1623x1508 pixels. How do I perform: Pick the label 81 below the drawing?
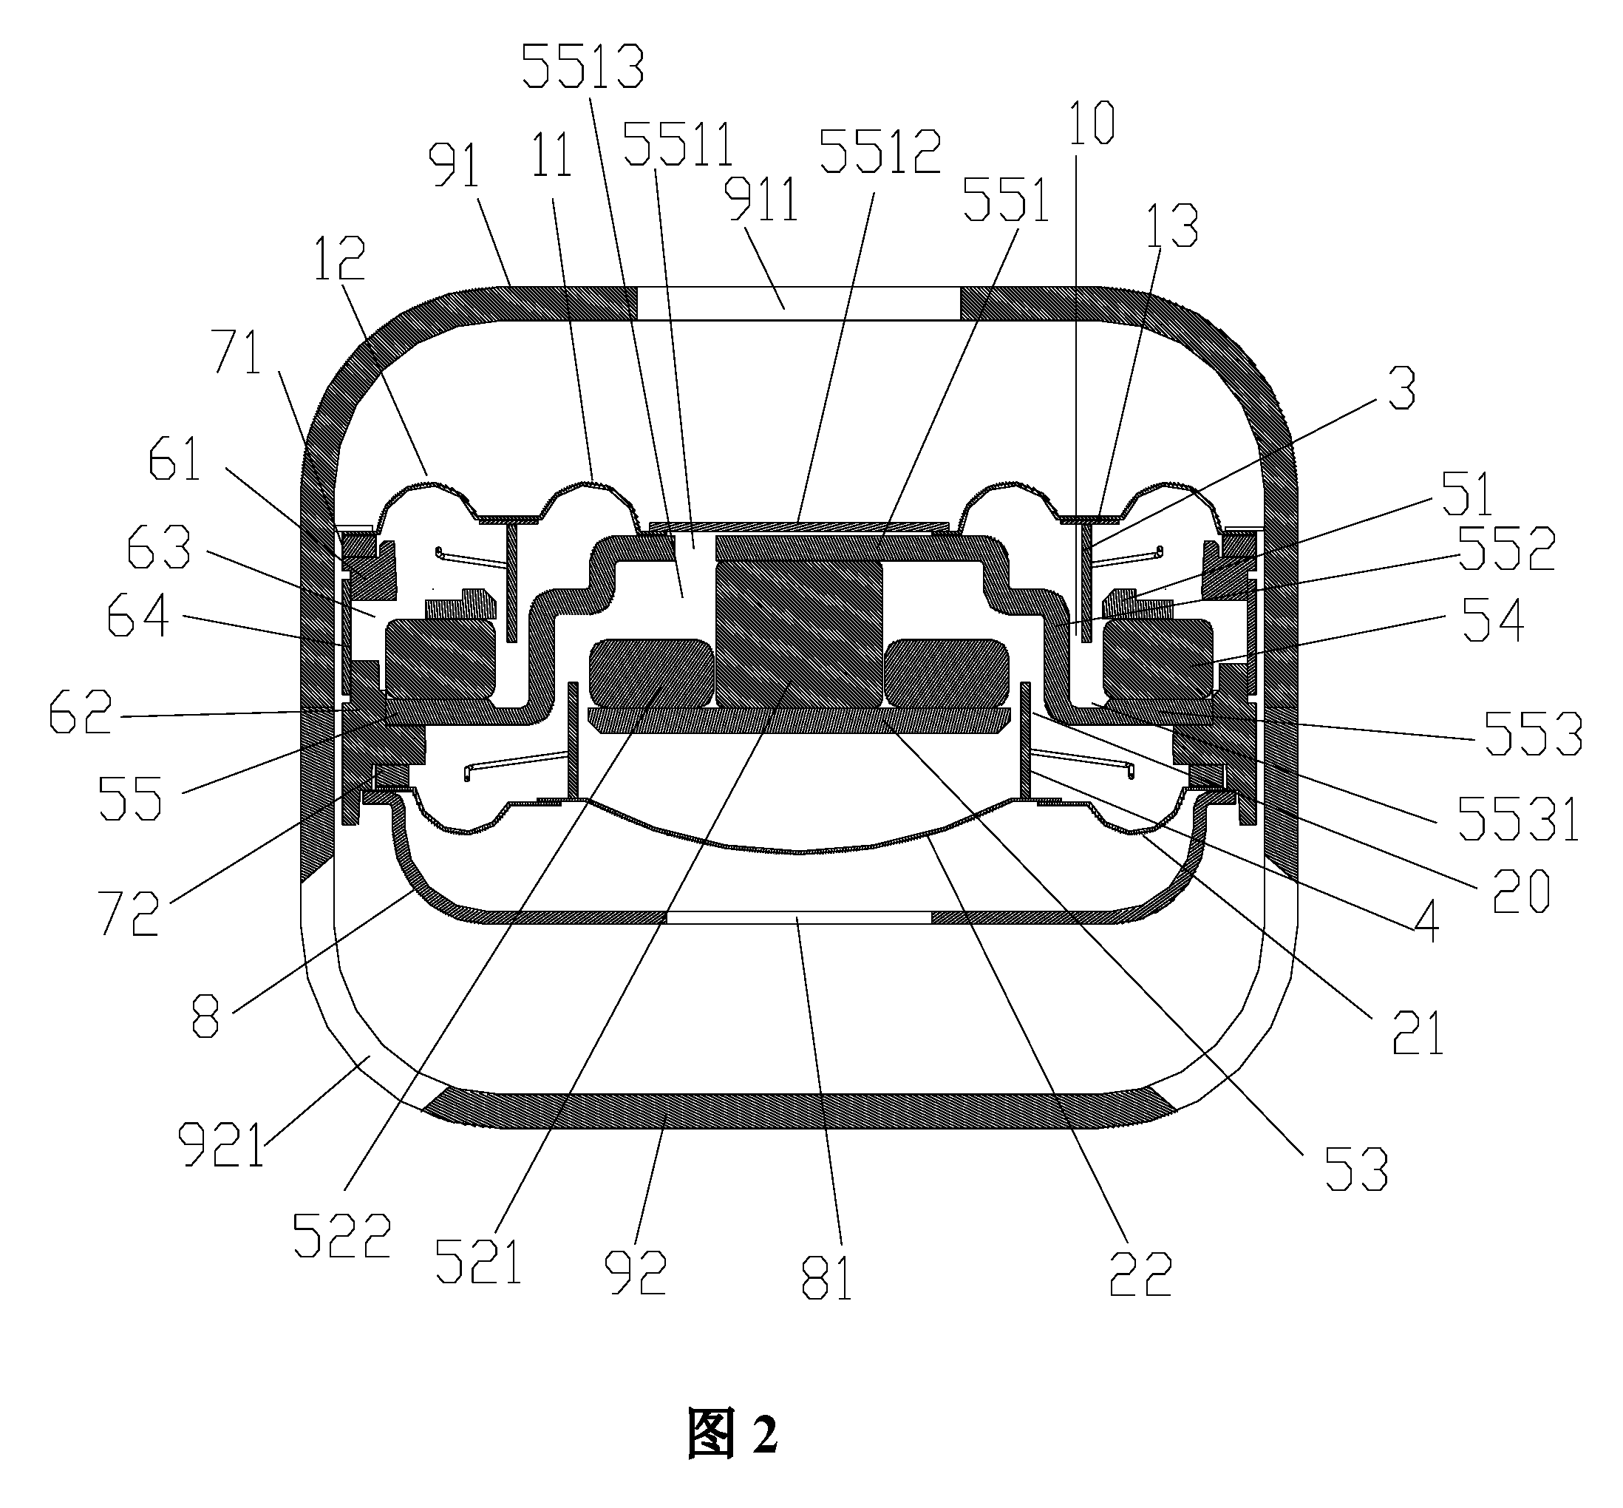826,1277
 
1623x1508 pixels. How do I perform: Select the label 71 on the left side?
237,353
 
